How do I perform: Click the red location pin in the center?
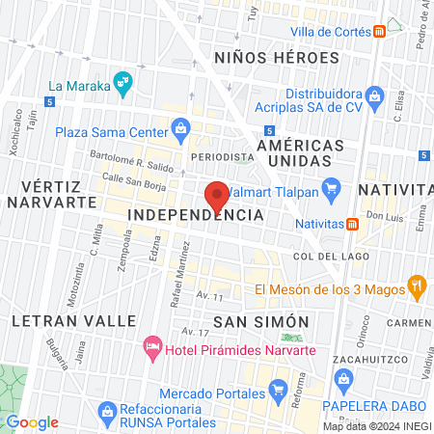click(x=218, y=195)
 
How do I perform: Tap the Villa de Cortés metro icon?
click(x=382, y=30)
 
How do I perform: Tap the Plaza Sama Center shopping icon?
click(x=179, y=128)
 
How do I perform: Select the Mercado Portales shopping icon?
click(x=279, y=392)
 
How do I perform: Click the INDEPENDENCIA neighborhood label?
click(x=195, y=214)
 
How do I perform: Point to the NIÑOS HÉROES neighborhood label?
click(x=277, y=58)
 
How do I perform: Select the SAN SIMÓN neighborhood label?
click(x=260, y=321)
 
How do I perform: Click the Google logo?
click(x=32, y=422)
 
